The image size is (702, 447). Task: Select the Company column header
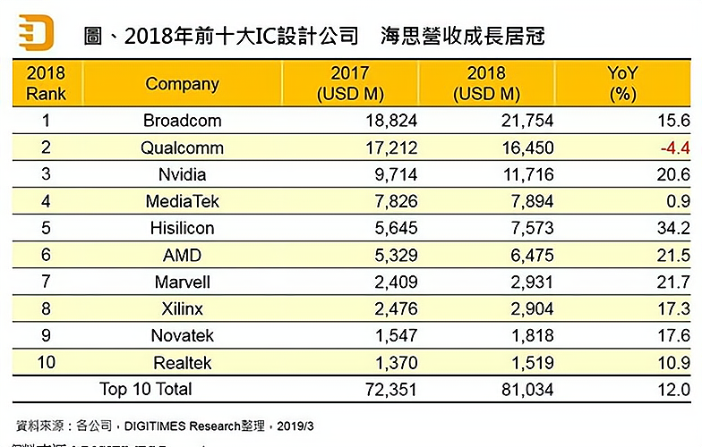[182, 84]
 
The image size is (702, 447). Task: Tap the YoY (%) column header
[621, 83]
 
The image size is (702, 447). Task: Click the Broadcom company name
[182, 121]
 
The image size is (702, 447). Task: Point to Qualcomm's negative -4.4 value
[672, 148]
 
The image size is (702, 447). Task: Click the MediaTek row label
[182, 201]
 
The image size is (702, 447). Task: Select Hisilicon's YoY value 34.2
[672, 228]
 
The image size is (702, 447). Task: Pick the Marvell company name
[182, 282]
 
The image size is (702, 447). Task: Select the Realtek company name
[182, 362]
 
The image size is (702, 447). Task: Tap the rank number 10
[47, 362]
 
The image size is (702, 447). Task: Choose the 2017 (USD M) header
[350, 83]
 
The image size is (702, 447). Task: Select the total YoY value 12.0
[672, 390]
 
